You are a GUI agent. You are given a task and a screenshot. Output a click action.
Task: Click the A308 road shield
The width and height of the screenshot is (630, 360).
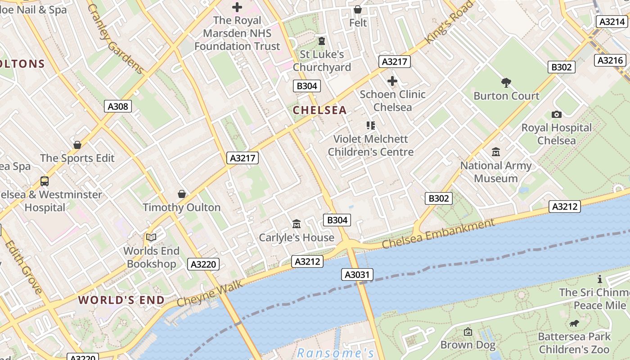118,106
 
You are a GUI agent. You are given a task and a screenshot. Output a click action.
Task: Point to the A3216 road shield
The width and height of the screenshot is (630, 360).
610,60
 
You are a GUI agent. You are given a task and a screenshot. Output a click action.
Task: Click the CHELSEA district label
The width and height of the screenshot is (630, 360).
320,110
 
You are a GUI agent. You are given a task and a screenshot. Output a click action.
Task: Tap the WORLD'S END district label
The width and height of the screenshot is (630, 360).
121,300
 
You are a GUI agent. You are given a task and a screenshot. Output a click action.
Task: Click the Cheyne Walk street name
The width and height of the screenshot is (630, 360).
210,293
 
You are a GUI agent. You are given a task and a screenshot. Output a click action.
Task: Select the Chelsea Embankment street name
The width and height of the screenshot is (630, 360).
438,234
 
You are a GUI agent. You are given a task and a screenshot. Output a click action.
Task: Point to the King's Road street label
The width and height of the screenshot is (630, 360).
450,22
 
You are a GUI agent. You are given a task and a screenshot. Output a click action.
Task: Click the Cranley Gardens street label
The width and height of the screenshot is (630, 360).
116,39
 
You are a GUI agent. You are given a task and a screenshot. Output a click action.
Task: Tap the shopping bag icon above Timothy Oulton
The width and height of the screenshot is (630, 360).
182,194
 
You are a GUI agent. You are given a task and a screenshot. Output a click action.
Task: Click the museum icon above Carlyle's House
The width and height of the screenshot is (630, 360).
297,224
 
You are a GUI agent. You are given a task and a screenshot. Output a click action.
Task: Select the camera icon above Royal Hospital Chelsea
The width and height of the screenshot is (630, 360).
557,115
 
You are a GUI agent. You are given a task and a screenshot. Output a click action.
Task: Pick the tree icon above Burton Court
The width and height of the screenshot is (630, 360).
506,82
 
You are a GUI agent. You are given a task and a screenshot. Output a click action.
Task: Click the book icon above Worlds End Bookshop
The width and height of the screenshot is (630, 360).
151,237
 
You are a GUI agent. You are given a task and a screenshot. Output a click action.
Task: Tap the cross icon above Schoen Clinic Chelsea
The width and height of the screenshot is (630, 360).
392,81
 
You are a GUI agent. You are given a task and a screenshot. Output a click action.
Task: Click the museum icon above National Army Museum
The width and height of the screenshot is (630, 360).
496,152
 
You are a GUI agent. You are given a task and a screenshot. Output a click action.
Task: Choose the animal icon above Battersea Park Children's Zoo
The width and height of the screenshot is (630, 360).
574,323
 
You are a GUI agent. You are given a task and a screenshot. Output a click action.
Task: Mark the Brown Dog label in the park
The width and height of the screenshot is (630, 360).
468,345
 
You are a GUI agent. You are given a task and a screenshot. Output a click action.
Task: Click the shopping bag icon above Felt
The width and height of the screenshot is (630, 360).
358,9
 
